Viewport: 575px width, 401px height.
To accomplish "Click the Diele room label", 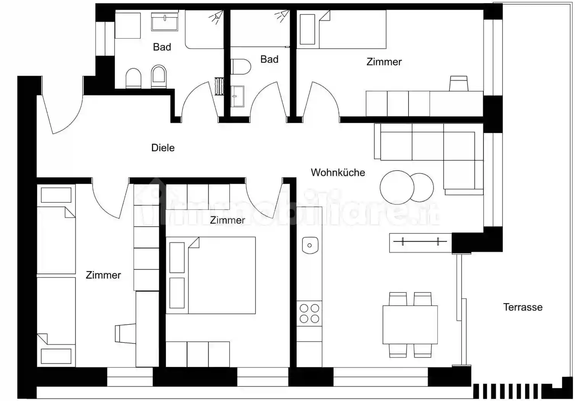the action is (x=163, y=148).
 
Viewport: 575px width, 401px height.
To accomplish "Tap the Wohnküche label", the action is (x=338, y=172).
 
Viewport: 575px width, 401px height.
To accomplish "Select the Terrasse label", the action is (x=523, y=307).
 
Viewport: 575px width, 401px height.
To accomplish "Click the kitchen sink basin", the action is (x=310, y=245).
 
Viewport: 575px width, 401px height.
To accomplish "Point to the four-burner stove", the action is (x=309, y=314).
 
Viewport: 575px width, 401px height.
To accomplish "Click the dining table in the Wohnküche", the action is (x=410, y=325).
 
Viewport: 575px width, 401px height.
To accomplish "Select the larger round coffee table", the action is (x=397, y=187).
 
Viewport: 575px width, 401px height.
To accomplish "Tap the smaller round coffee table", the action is (x=421, y=188).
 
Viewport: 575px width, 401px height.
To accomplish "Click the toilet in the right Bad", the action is (x=240, y=66).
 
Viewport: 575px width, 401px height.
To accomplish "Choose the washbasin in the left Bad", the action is (x=164, y=22).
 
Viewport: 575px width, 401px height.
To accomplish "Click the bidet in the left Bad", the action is (x=159, y=76).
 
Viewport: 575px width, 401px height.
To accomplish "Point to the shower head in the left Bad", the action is (x=216, y=17).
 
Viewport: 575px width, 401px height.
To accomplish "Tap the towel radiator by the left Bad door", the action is (x=219, y=86).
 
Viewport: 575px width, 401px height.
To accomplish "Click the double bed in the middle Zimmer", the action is (x=211, y=275).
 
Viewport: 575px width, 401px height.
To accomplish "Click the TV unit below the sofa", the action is (x=420, y=243).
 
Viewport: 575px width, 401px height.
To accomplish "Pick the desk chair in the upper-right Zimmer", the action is (x=459, y=83).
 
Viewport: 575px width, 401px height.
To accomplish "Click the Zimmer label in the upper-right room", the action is (x=384, y=62).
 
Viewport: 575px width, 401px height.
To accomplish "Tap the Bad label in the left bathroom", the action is (x=162, y=47).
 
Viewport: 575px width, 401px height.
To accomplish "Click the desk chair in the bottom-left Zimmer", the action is (x=125, y=333).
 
